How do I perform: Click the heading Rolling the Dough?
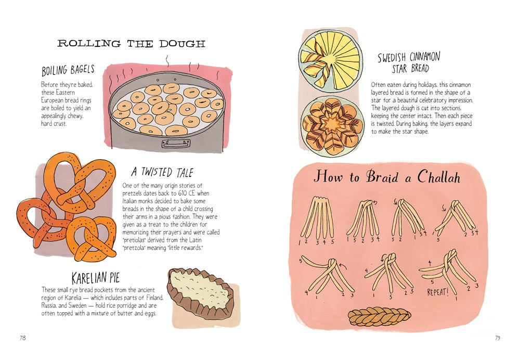pyautogui.click(x=131, y=43)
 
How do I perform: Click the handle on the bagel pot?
pyautogui.click(x=176, y=143)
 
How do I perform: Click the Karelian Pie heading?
pyautogui.click(x=97, y=278)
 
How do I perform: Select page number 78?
pyautogui.click(x=22, y=338)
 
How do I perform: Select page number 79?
pyautogui.click(x=497, y=338)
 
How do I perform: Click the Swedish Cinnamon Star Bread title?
pyautogui.click(x=408, y=62)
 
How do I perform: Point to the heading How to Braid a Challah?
pyautogui.click(x=386, y=177)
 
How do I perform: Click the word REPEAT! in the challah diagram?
pyautogui.click(x=438, y=292)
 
